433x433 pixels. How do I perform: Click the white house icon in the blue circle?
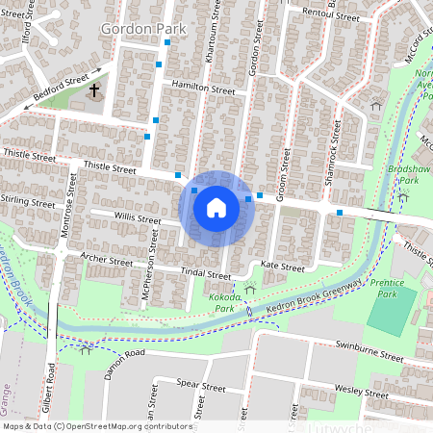[216, 208]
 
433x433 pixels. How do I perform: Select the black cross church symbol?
[94, 92]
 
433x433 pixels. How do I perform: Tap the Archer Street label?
[107, 260]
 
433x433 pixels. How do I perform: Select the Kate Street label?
[282, 267]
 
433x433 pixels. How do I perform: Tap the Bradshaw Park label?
[409, 172]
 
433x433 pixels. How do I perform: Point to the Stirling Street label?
[29, 204]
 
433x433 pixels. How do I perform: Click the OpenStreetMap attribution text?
[97, 425]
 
